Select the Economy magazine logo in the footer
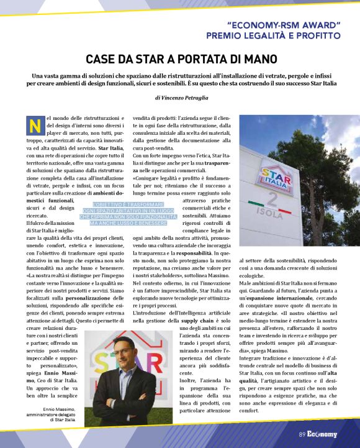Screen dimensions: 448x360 click(323, 434)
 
